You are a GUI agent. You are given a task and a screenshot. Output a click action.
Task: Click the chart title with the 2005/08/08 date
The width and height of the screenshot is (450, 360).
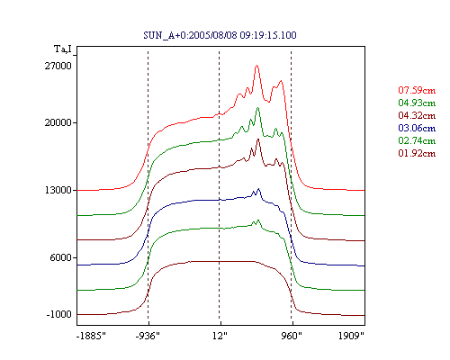click(220, 35)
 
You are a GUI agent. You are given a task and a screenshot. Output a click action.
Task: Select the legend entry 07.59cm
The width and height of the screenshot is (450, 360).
click(417, 90)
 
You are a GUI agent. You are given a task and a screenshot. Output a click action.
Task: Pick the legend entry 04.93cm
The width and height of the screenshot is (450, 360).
click(417, 103)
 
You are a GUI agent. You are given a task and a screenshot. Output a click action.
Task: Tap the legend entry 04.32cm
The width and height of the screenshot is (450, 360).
click(417, 115)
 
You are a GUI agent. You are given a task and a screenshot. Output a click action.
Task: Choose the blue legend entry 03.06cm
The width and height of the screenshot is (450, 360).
click(417, 128)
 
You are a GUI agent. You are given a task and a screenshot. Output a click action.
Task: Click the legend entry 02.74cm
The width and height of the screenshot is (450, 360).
click(417, 140)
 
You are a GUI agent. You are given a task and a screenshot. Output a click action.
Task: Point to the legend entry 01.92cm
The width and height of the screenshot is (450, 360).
click(417, 153)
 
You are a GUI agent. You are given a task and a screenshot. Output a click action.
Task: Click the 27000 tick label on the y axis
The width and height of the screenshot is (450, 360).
click(58, 66)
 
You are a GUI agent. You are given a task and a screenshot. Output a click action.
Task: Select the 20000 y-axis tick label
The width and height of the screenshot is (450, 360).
click(58, 122)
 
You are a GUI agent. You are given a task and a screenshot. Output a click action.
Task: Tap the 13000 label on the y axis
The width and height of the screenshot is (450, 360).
click(58, 190)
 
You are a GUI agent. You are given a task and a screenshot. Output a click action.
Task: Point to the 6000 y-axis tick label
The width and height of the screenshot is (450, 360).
click(61, 257)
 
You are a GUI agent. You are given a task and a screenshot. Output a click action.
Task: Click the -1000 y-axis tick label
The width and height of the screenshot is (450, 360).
click(59, 314)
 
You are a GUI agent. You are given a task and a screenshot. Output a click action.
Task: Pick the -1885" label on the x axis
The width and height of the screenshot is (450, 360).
click(91, 336)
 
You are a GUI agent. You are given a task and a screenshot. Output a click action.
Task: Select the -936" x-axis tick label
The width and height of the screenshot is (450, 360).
click(148, 336)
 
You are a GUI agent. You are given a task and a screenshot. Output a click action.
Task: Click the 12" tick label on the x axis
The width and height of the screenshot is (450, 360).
click(220, 336)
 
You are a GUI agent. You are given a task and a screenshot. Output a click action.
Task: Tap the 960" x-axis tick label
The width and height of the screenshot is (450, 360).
click(292, 336)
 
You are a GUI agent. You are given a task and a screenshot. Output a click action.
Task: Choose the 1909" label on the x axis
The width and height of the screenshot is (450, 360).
click(351, 336)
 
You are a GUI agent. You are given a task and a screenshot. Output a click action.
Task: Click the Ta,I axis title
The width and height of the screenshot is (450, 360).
click(63, 49)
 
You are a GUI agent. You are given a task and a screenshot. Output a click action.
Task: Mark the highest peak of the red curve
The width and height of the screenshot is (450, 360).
click(256, 66)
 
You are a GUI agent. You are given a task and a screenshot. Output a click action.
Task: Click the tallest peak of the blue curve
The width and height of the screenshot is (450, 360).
click(258, 189)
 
